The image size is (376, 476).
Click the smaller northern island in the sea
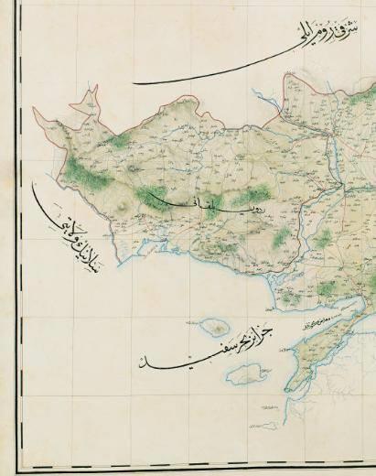(x=215, y=327)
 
